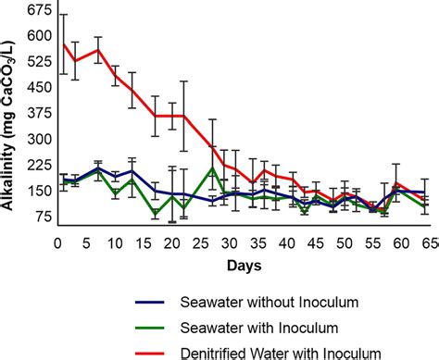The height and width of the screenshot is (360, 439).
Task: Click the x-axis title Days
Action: tap(242, 266)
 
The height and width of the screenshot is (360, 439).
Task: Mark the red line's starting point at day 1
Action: tap(63, 43)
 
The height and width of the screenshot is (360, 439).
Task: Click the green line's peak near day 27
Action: tap(212, 168)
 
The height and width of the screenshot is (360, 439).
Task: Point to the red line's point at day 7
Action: tap(98, 50)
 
